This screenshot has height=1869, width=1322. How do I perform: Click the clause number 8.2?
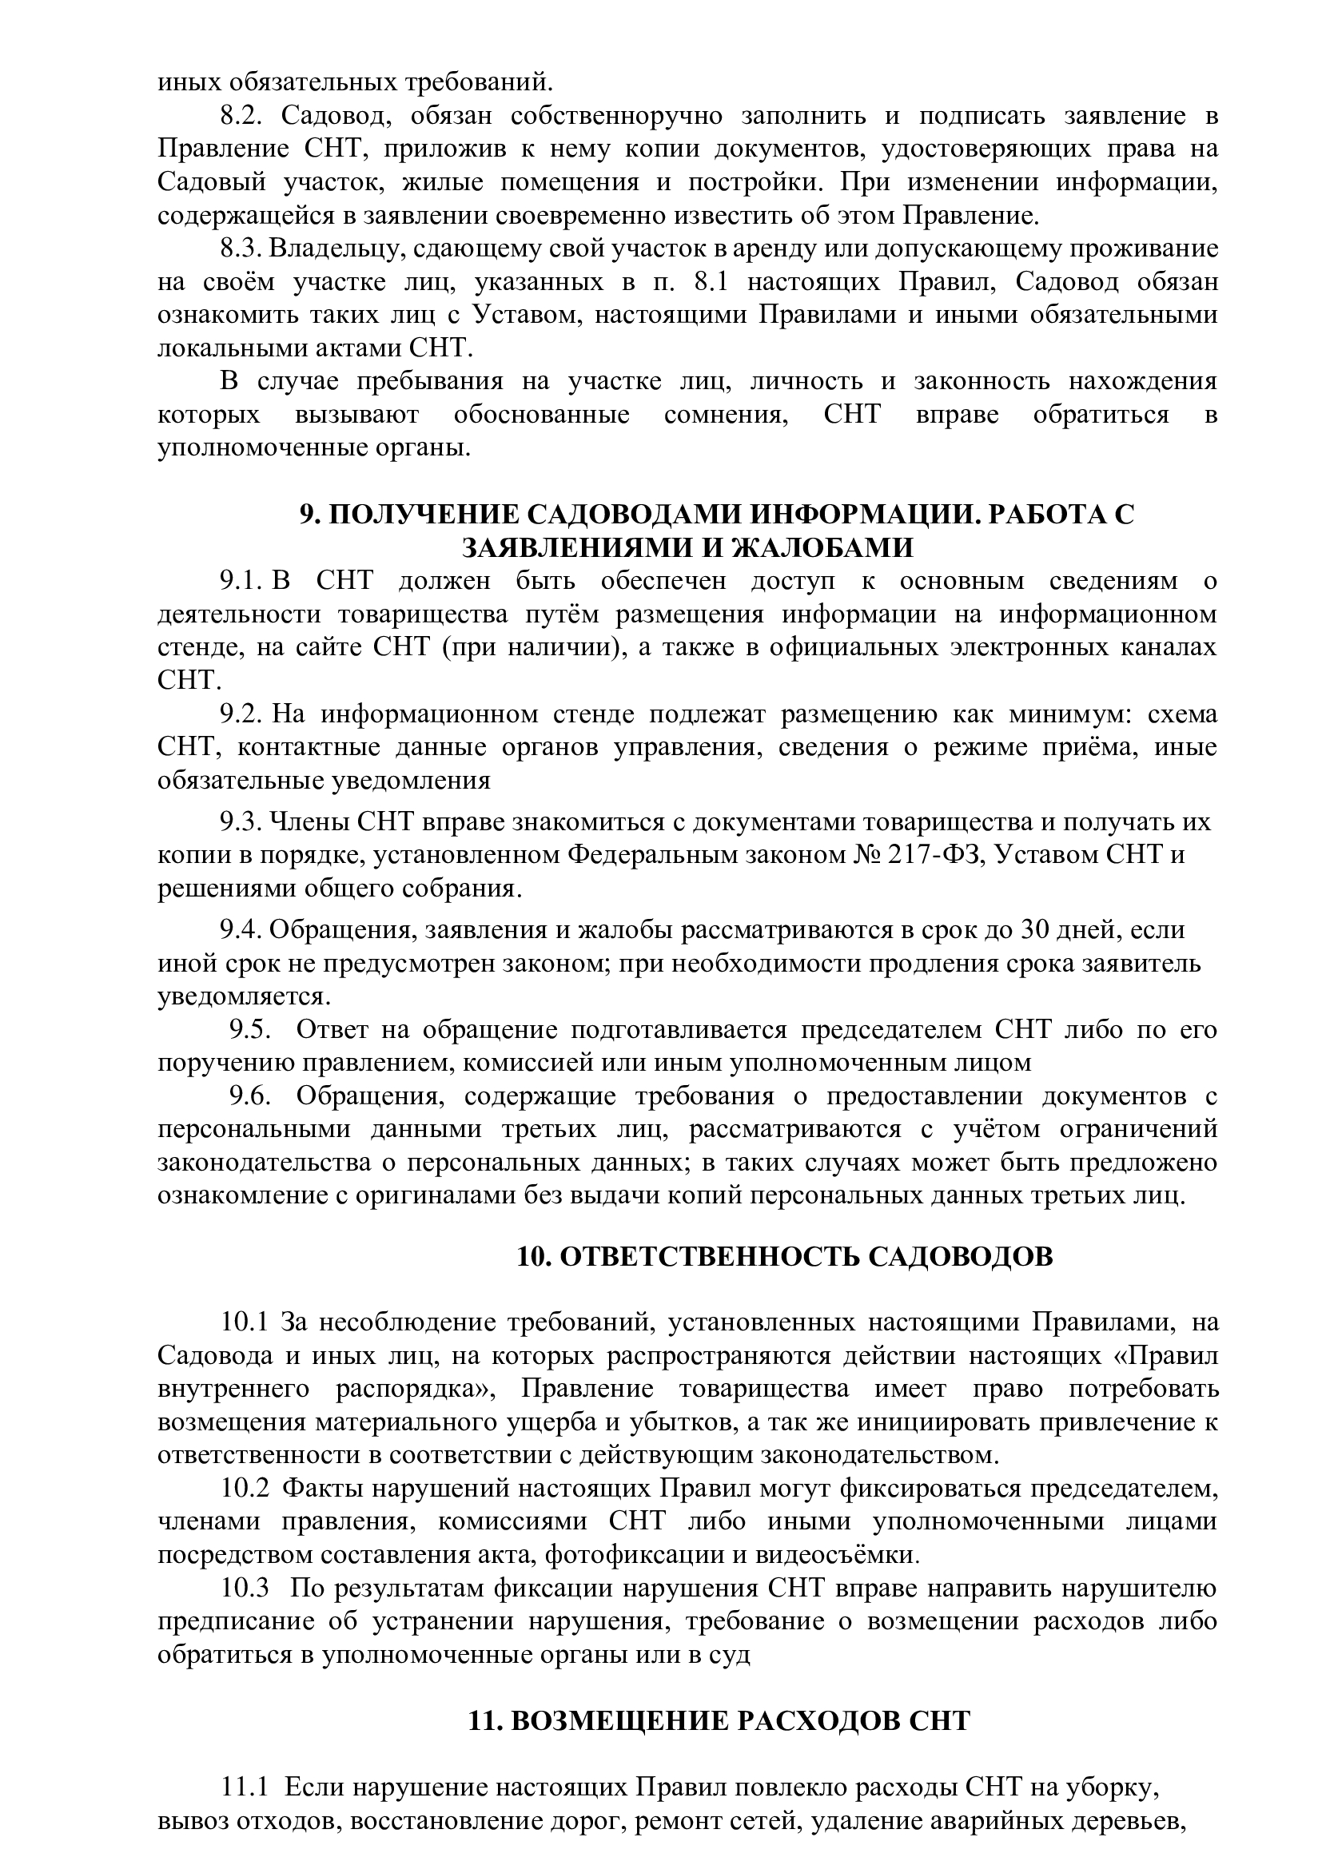[x=241, y=117]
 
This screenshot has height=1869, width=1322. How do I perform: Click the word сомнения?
[x=726, y=416]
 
